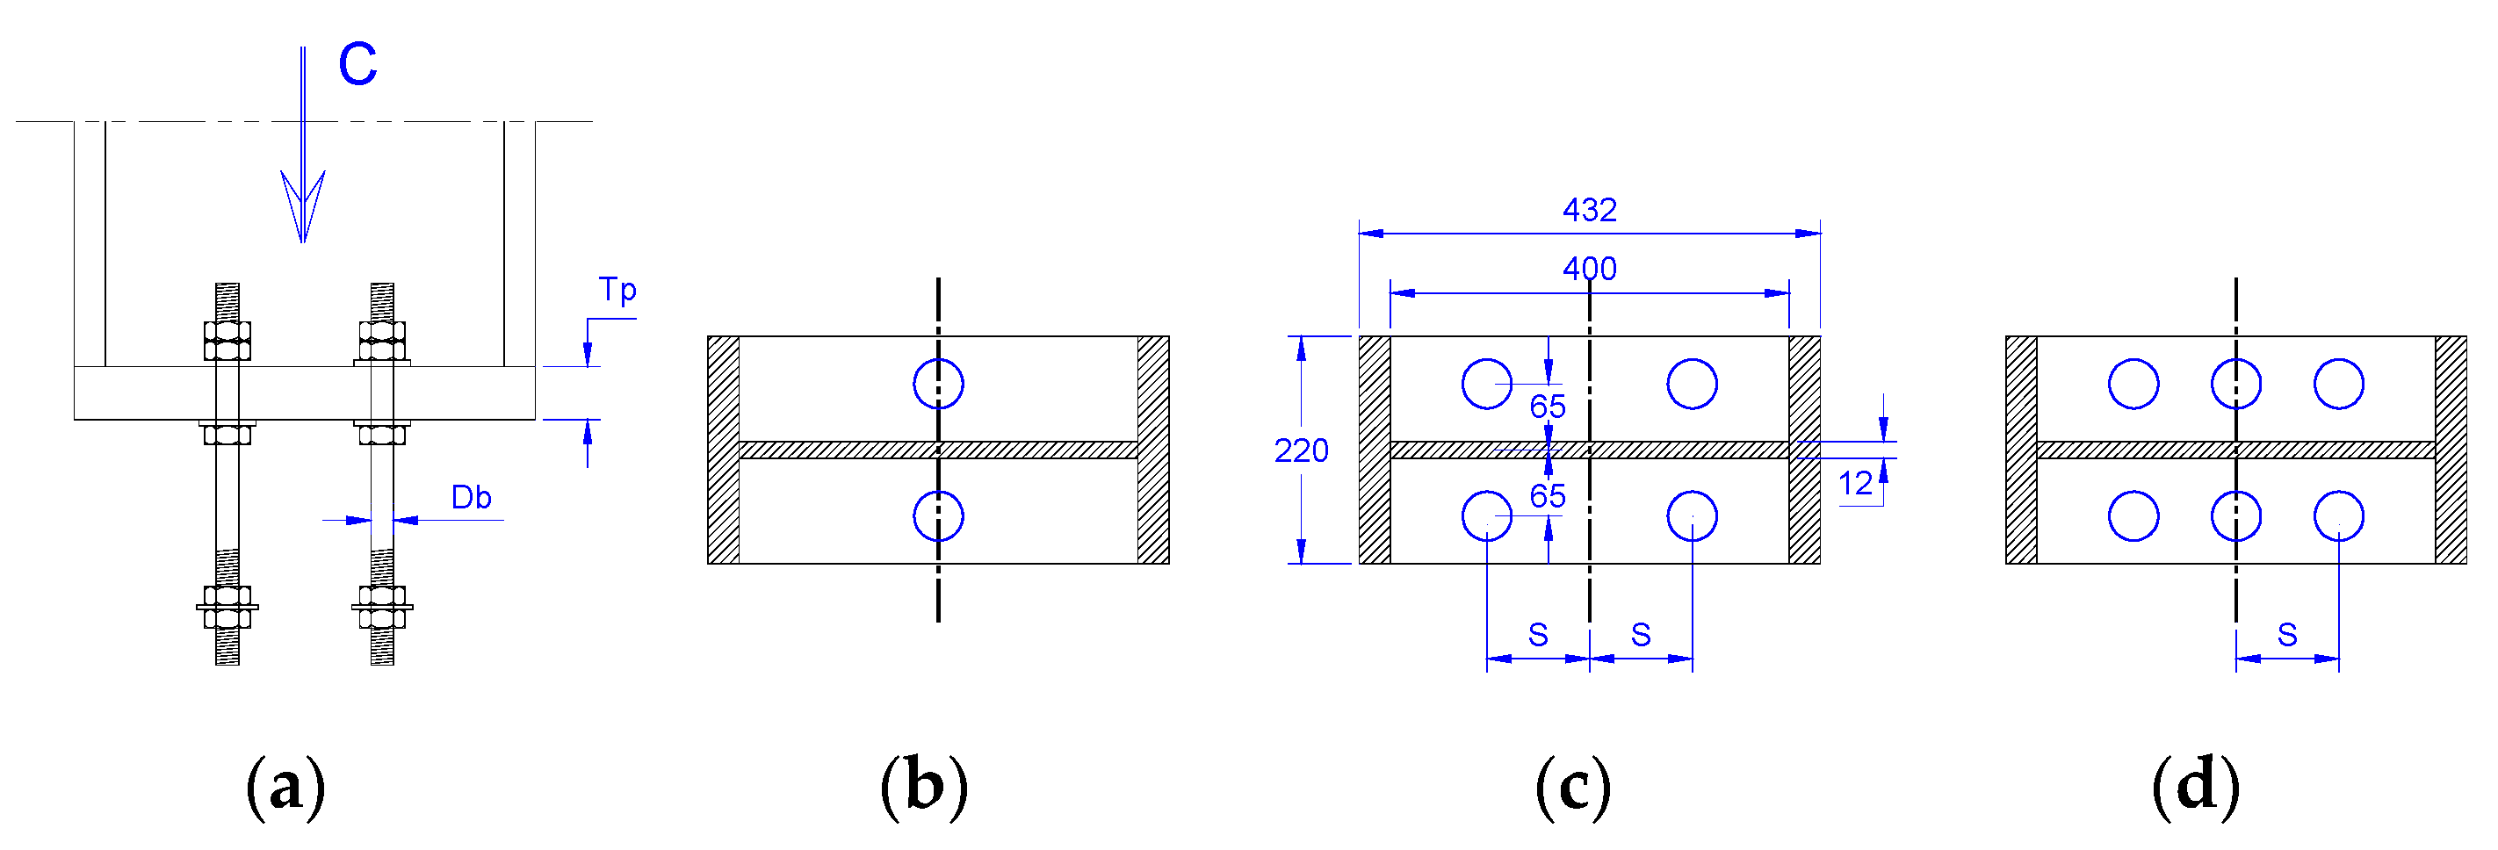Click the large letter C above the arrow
point(357,65)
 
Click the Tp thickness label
point(617,290)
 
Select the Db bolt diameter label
point(472,497)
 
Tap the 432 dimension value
point(1590,209)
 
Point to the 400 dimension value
point(1590,269)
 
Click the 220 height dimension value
point(1301,450)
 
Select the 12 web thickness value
point(1855,483)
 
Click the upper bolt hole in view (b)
point(938,384)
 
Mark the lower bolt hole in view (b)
point(938,515)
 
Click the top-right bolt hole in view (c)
point(1693,384)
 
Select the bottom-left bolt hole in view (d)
point(2133,515)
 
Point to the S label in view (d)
point(2287,635)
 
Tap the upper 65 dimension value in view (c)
point(1548,406)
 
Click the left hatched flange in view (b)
point(724,450)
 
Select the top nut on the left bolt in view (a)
point(227,340)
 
